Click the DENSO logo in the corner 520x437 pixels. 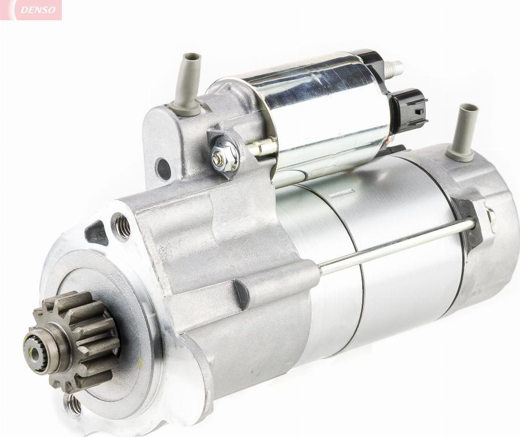pos(38,10)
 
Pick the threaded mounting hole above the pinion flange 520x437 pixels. pos(121,227)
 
